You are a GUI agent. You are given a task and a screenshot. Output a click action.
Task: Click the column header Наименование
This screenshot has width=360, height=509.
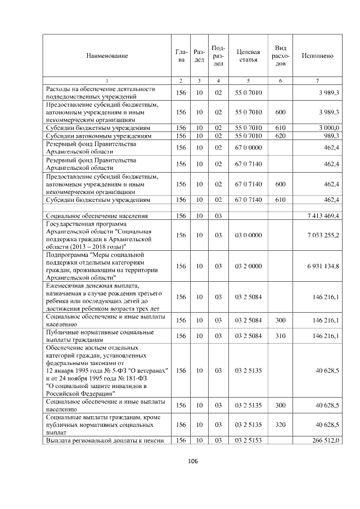point(107,56)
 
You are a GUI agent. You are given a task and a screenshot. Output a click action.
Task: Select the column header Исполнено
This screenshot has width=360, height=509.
point(317,56)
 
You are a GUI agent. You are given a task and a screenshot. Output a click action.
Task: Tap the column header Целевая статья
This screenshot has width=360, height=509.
point(248,56)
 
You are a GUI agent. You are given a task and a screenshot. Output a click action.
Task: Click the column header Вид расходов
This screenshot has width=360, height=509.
point(281,56)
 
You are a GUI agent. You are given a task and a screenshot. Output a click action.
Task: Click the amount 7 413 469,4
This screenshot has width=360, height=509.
point(319,215)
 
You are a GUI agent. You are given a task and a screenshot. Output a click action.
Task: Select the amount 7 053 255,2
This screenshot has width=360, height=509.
point(319,235)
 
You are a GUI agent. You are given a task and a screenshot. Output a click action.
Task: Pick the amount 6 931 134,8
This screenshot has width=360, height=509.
point(319,266)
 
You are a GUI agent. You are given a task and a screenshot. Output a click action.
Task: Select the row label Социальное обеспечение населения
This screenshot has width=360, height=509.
point(97,215)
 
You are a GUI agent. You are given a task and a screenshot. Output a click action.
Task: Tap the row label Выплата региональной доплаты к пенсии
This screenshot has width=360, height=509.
point(104,440)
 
